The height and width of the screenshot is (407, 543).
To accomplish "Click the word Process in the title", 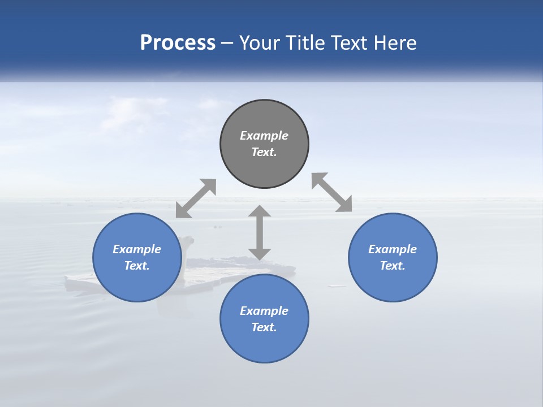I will (178, 43).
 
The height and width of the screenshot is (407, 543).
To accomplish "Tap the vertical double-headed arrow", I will (260, 232).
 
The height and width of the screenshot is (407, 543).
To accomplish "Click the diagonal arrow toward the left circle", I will (196, 198).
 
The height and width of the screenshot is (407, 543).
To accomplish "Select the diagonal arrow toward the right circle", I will (332, 192).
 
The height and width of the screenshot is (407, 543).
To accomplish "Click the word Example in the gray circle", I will (264, 136).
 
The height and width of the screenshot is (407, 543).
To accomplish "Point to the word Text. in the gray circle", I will (264, 152).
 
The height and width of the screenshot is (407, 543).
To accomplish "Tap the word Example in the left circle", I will (137, 249).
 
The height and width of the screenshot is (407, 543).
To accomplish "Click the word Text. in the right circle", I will (393, 266).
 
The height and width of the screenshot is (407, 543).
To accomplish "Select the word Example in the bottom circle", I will (264, 311).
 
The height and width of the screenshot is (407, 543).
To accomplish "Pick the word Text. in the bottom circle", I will (264, 327).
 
